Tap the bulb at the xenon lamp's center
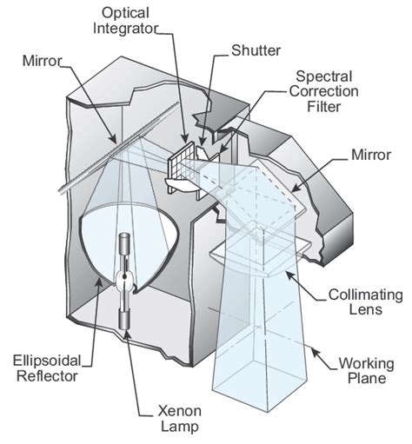coord(126,279)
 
